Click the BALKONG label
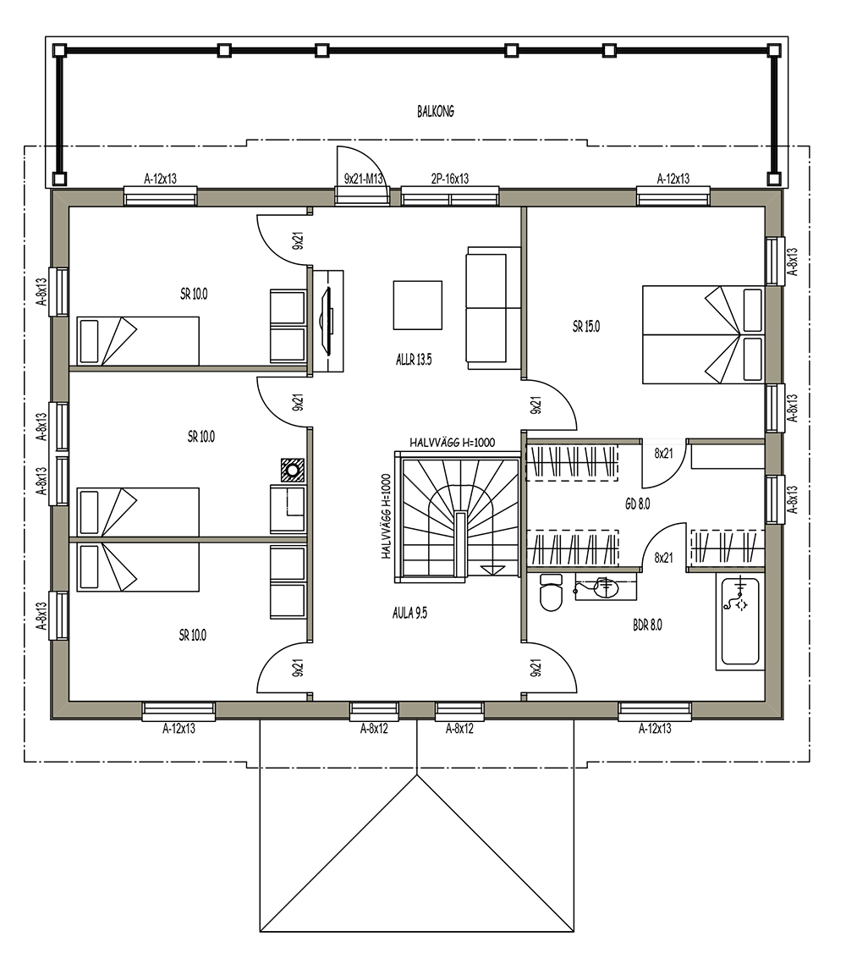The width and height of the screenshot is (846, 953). [x=436, y=112]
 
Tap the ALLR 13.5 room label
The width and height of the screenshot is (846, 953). [x=414, y=360]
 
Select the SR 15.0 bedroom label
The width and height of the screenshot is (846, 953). [x=586, y=327]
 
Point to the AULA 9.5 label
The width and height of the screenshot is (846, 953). [x=409, y=614]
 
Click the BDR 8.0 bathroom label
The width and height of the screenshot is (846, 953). [x=647, y=625]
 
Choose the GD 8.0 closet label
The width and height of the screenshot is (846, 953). [x=637, y=504]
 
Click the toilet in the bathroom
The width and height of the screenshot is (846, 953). [x=552, y=592]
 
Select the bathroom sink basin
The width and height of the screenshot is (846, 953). [x=606, y=587]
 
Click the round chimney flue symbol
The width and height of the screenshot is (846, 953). [x=293, y=469]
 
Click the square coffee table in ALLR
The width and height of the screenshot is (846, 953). [x=418, y=305]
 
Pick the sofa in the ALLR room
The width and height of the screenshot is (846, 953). [x=494, y=307]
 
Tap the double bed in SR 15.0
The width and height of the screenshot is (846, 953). [x=703, y=334]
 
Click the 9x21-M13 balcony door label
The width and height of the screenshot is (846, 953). [x=364, y=179]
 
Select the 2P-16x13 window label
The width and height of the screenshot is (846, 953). [x=450, y=179]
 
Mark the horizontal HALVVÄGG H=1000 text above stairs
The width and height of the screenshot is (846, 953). [x=453, y=443]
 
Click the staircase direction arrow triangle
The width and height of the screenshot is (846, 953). [x=492, y=568]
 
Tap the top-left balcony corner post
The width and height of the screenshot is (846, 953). [x=59, y=50]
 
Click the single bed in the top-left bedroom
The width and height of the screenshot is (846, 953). [x=138, y=340]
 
